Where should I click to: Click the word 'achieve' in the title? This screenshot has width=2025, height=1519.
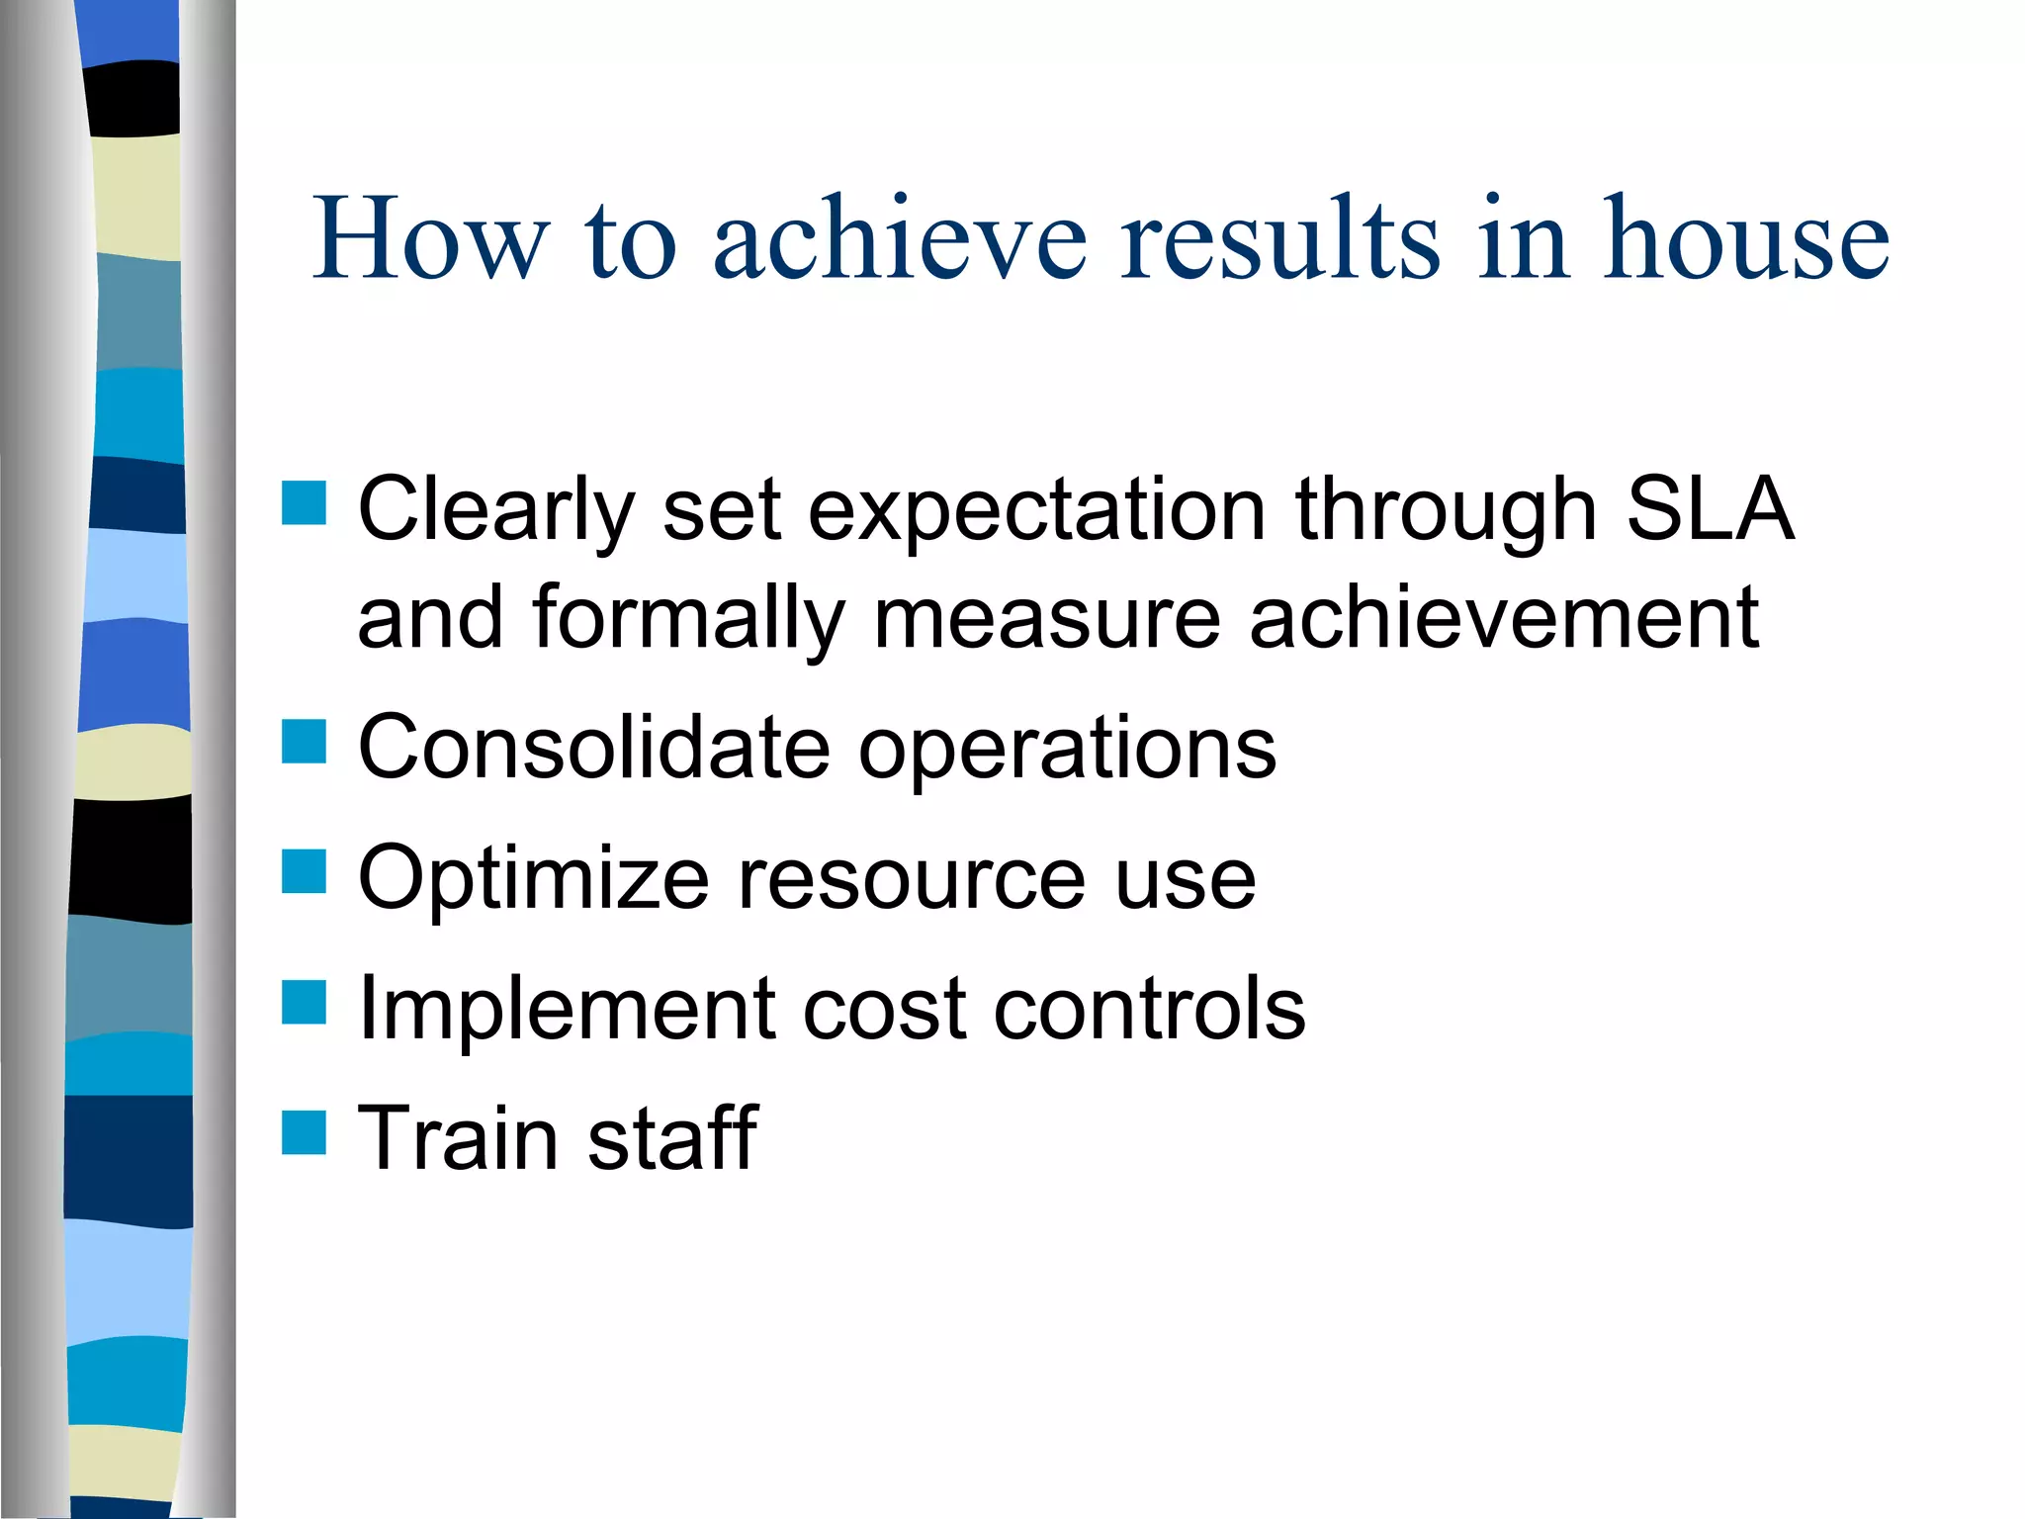point(900,240)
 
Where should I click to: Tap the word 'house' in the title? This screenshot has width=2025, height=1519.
point(1745,240)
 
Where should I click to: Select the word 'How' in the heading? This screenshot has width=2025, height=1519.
point(430,240)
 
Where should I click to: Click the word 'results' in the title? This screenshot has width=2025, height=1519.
point(1279,240)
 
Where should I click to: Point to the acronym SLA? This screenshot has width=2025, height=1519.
point(1710,509)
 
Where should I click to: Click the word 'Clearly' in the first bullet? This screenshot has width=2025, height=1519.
point(495,512)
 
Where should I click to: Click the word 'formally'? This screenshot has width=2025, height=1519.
point(689,621)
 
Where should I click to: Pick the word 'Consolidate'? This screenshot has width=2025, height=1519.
point(594,748)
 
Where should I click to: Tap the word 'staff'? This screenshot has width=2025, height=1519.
point(672,1138)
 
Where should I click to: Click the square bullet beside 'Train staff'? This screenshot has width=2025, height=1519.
point(304,1133)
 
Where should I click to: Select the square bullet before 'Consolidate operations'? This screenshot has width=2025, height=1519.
point(304,742)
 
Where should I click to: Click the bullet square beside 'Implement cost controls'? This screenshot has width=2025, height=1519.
point(304,1003)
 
